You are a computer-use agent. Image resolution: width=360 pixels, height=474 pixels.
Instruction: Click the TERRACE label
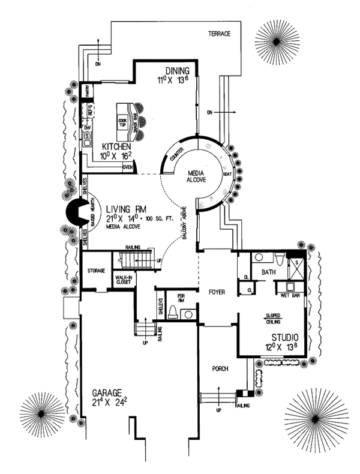point(219,34)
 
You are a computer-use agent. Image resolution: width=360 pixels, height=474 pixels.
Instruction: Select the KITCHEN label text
point(116,146)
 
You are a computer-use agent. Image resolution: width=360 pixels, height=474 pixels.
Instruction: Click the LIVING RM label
point(126,208)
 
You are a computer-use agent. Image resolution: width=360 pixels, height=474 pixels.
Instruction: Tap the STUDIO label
point(285,338)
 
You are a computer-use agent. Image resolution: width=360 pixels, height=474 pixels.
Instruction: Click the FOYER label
point(217,293)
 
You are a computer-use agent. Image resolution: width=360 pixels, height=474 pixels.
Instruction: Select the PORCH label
point(220,368)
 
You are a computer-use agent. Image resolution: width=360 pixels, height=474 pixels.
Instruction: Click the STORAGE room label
point(96,271)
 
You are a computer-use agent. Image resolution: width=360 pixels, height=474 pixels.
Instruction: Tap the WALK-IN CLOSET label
point(122,280)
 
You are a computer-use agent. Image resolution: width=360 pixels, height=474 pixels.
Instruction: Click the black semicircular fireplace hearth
point(76,211)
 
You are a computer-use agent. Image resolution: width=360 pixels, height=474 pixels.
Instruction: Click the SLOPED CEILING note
point(274,319)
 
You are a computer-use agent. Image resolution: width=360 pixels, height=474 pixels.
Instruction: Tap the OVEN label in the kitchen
point(127,167)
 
